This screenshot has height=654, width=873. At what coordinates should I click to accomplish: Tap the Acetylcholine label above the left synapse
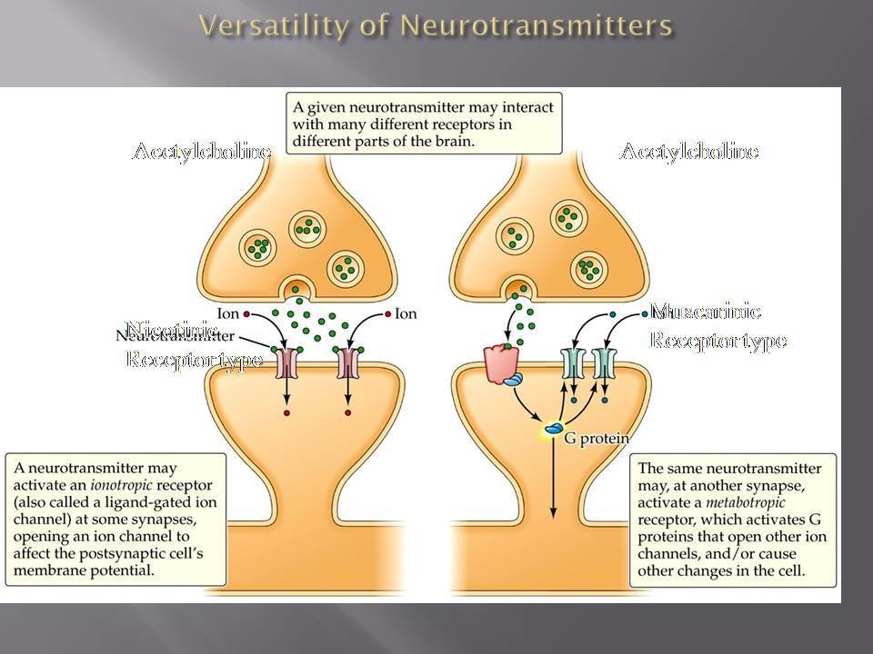(x=201, y=152)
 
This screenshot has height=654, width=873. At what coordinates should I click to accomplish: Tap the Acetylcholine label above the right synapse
(x=688, y=152)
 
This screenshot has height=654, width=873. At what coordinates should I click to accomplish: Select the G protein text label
(x=597, y=438)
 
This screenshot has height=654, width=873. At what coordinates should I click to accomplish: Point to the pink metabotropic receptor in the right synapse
(x=500, y=362)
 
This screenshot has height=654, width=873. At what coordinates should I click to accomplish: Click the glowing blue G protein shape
(x=553, y=427)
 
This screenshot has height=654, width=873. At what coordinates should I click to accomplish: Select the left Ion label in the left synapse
(x=228, y=314)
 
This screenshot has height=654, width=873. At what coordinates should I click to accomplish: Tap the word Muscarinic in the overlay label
(x=705, y=312)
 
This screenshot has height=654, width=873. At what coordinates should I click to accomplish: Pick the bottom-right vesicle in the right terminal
(x=588, y=269)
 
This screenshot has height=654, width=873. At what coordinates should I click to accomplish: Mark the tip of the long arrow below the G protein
(x=554, y=519)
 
